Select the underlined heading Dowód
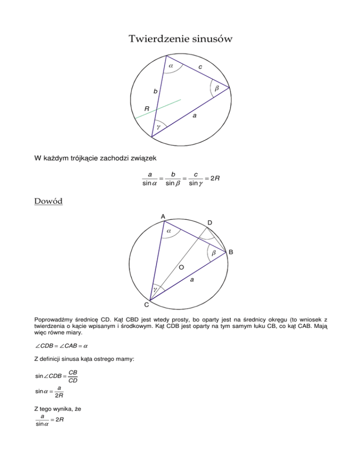click(x=49, y=201)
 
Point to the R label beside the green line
click(x=147, y=109)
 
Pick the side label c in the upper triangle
click(x=200, y=67)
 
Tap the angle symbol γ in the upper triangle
click(x=158, y=127)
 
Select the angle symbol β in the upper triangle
click(x=216, y=88)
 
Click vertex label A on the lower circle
click(x=162, y=216)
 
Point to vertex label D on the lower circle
click(x=210, y=222)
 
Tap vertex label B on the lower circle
click(x=231, y=253)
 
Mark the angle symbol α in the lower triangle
click(x=168, y=231)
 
